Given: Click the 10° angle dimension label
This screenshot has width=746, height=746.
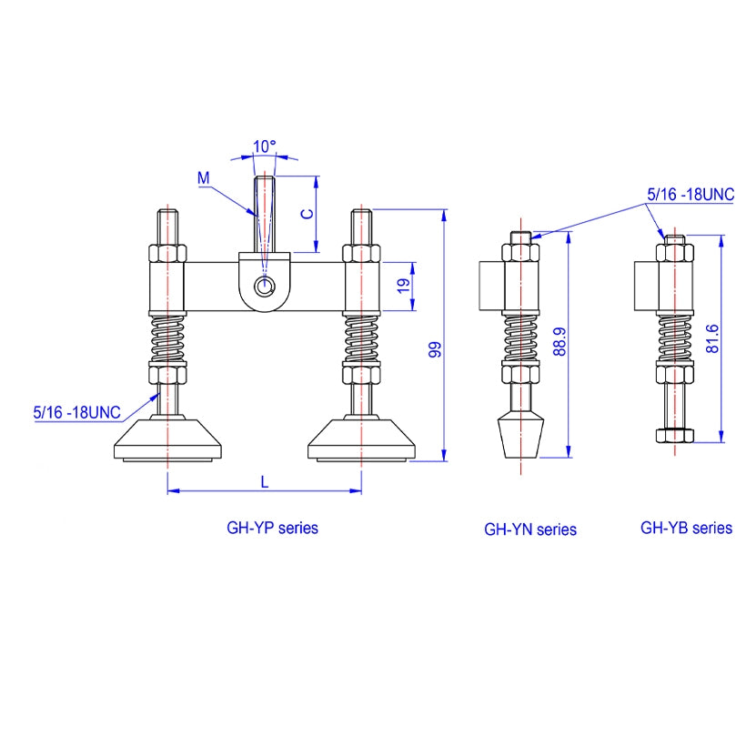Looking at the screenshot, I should click(265, 146).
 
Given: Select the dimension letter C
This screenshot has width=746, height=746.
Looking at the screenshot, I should click(307, 213).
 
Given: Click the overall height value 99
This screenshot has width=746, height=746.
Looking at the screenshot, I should click(434, 348).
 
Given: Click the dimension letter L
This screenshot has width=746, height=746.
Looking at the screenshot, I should click(265, 482).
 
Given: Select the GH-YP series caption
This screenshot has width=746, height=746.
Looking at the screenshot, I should click(272, 528).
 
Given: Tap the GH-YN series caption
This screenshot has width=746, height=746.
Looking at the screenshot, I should click(530, 529).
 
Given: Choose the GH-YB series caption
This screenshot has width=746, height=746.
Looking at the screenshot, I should click(686, 528).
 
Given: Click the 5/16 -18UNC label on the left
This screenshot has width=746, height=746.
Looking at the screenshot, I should click(77, 412).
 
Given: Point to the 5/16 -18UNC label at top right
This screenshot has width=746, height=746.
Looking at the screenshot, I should click(690, 194).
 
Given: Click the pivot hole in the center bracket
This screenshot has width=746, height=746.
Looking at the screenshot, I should click(265, 287).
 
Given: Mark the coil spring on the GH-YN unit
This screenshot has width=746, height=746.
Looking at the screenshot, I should click(519, 338).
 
